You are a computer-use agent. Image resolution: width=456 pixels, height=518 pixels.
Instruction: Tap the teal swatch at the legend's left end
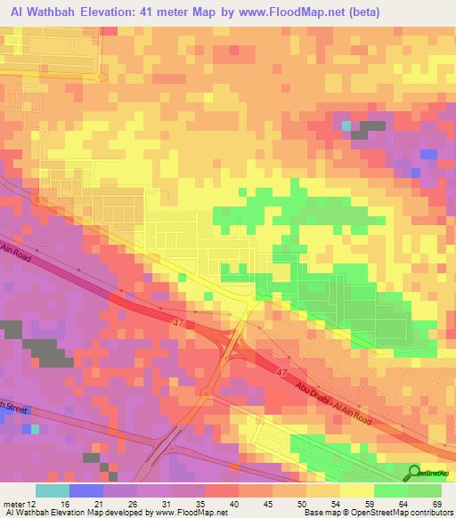53,490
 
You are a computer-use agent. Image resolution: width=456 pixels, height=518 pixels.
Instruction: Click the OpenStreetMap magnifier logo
414,473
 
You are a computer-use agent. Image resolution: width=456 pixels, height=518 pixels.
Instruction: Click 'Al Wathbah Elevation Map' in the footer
55,514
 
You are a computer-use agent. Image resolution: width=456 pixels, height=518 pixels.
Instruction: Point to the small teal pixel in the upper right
346,125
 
